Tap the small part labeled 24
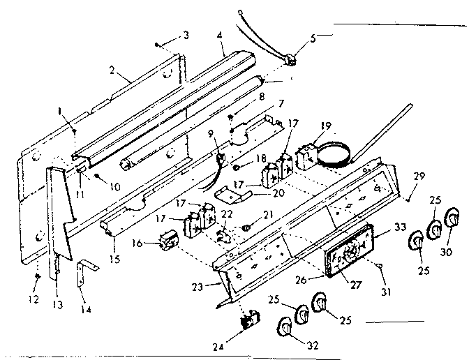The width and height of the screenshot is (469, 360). (246, 323)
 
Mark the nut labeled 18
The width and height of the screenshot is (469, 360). (237, 167)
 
